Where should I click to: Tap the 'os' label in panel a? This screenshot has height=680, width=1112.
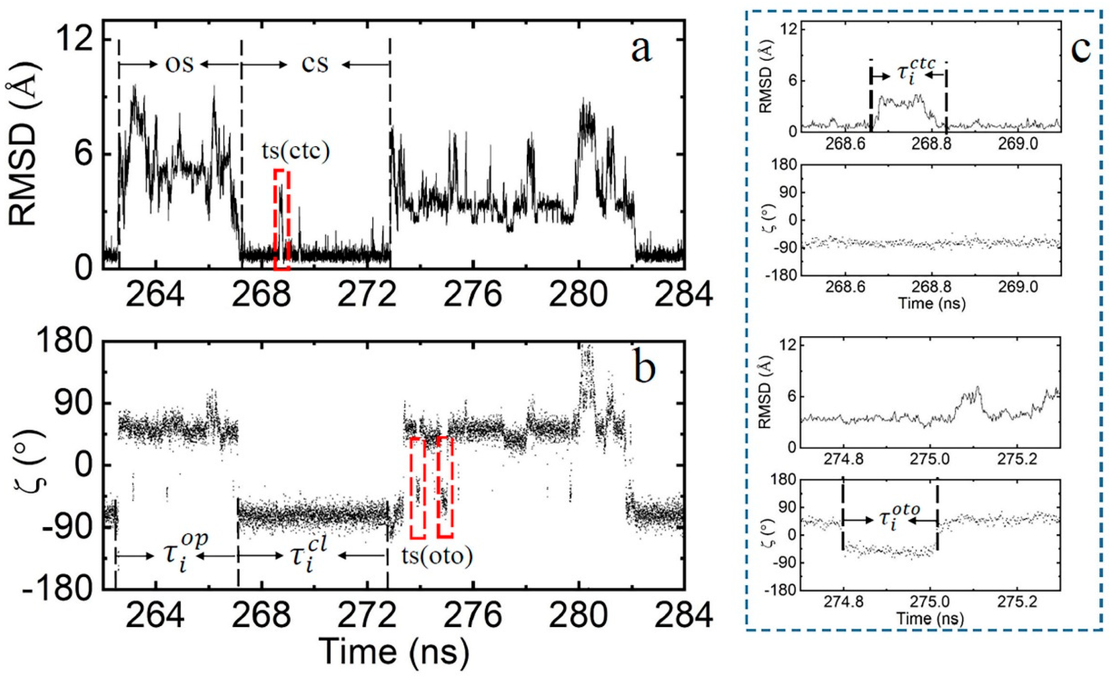coord(179,65)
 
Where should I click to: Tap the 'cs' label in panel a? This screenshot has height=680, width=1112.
coord(315,65)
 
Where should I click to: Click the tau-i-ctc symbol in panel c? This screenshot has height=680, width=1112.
coord(908,72)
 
